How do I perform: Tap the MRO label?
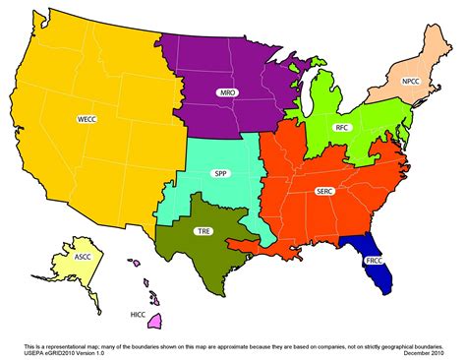point(227,91)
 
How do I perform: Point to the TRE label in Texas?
point(204,231)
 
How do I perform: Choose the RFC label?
point(342,128)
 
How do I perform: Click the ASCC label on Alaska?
point(84,258)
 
